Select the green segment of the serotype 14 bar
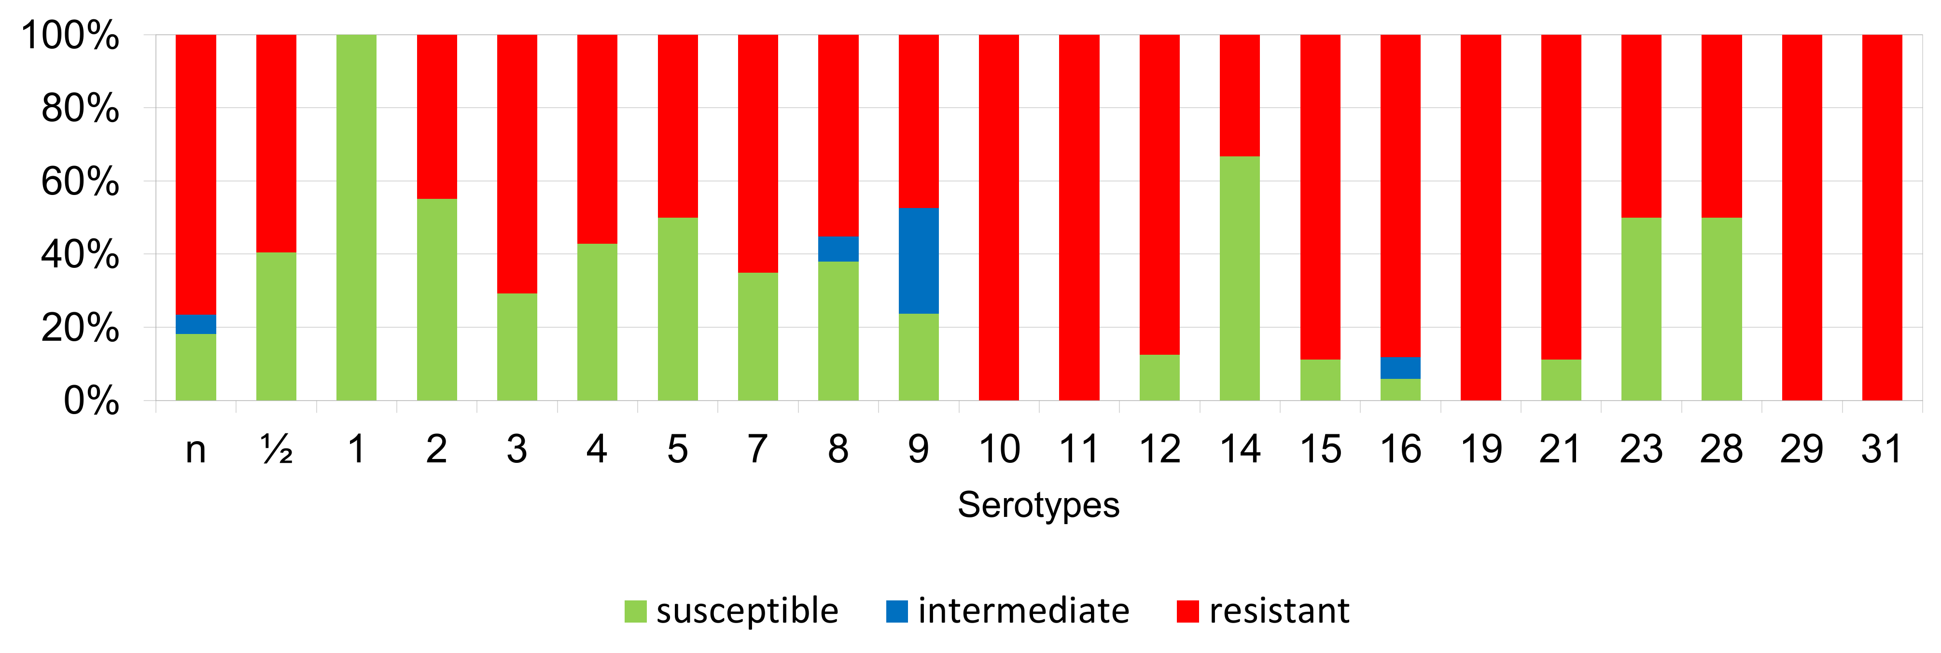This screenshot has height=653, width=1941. (x=1240, y=278)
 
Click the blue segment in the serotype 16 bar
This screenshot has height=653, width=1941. (x=1400, y=368)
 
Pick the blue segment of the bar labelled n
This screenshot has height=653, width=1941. (x=196, y=324)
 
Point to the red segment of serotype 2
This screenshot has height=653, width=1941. (x=437, y=117)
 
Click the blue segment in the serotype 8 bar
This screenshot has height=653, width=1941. (x=838, y=249)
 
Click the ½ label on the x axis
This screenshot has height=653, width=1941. (x=277, y=450)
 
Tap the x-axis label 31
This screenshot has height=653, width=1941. (x=1882, y=450)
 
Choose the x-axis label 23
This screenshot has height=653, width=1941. (x=1641, y=450)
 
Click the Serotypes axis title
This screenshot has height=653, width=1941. (x=1038, y=505)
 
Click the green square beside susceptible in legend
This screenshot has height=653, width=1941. (x=635, y=611)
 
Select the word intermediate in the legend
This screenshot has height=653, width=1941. (x=1023, y=611)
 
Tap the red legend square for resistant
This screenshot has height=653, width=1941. (x=1187, y=611)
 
